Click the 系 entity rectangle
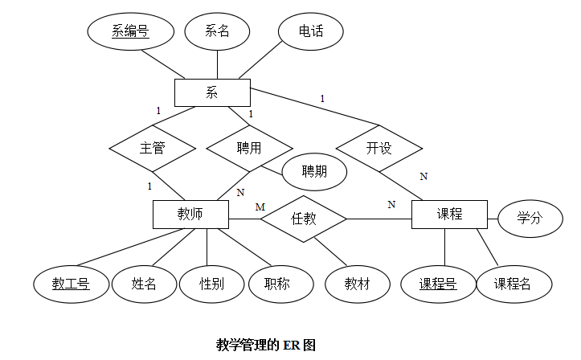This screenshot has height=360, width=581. tap(212, 92)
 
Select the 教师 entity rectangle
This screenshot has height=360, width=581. tap(190, 215)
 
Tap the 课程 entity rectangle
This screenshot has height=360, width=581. tap(449, 215)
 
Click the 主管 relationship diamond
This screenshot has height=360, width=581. tap(153, 149)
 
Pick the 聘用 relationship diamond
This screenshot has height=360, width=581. tap(249, 149)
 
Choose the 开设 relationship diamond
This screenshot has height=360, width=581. tap(379, 149)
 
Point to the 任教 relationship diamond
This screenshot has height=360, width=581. tap(304, 219)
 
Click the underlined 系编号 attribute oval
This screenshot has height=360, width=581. tap(131, 31)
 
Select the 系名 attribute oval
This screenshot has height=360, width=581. tap(217, 31)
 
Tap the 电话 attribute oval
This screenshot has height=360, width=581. tap(311, 31)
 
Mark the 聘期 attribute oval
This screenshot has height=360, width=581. tap(314, 172)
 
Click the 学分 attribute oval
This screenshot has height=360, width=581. tap(530, 219)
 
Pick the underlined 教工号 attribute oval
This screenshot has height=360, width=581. tap(72, 284)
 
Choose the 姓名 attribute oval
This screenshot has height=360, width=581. tap(144, 284)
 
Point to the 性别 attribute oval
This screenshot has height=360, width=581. tap(212, 284)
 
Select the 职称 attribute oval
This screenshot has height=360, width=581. tap(281, 284)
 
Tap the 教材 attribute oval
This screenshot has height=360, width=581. tap(358, 284)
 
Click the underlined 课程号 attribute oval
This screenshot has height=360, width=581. tap(438, 284)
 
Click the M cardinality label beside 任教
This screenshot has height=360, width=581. tap(260, 207)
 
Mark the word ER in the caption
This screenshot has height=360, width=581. tap(291, 346)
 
